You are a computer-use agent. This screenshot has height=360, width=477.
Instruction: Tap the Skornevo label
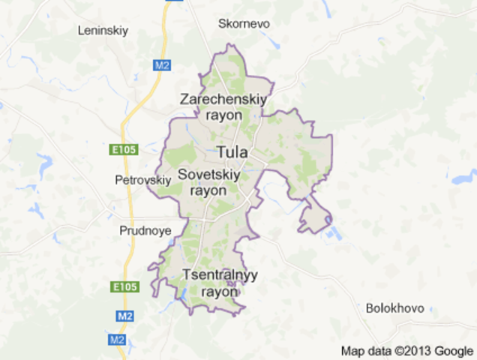coord(244,23)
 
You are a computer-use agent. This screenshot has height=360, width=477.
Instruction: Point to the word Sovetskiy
coord(210,174)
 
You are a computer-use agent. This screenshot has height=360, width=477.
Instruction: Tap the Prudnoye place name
coord(145,230)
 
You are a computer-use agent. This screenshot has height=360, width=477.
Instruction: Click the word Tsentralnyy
coord(220,274)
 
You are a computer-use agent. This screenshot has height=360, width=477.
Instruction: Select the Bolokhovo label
coord(394,308)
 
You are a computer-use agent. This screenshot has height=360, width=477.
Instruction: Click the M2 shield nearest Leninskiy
coord(163,65)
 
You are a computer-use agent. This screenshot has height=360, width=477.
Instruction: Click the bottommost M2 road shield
coord(116,340)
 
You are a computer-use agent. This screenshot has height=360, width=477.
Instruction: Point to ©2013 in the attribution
coord(412,350)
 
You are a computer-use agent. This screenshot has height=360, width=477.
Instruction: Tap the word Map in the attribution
coord(352,350)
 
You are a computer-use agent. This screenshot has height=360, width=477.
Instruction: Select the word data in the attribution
coord(378,350)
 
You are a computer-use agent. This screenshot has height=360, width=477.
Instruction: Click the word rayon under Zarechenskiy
coord(223,115)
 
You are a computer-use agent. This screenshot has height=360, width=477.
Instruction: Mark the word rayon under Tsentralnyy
coord(220,291)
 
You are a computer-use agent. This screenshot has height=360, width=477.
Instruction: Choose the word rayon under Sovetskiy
coord(208,190)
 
